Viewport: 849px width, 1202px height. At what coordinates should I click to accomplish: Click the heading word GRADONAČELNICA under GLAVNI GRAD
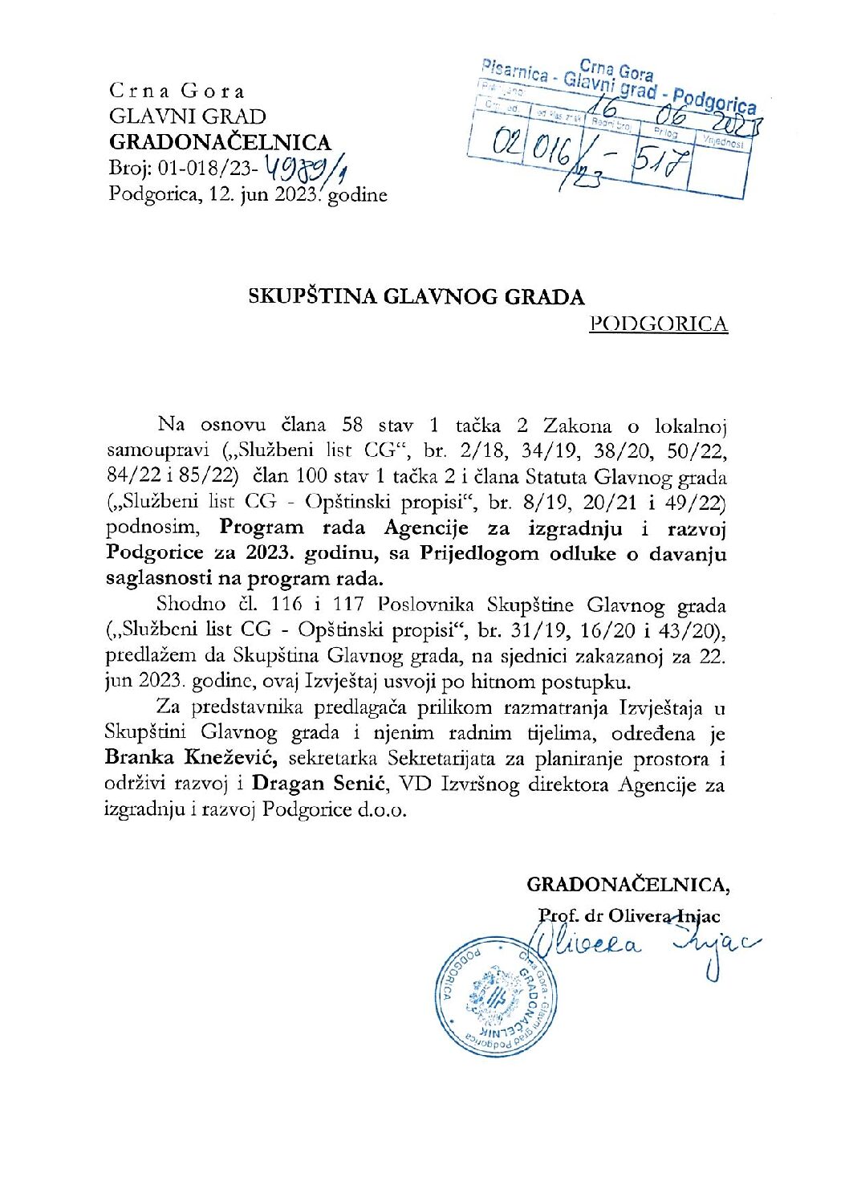click(x=220, y=142)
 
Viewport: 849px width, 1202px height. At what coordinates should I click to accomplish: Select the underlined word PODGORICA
click(x=658, y=324)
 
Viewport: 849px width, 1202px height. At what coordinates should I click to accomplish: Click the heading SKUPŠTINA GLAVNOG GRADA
click(x=416, y=296)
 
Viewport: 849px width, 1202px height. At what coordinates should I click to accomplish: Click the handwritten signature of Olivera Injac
click(x=642, y=947)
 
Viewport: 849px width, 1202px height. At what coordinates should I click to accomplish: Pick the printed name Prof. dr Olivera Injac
click(x=629, y=915)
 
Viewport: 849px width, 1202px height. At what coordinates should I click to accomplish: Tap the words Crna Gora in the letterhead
click(x=176, y=91)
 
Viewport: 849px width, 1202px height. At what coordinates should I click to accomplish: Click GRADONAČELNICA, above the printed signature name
click(x=628, y=885)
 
